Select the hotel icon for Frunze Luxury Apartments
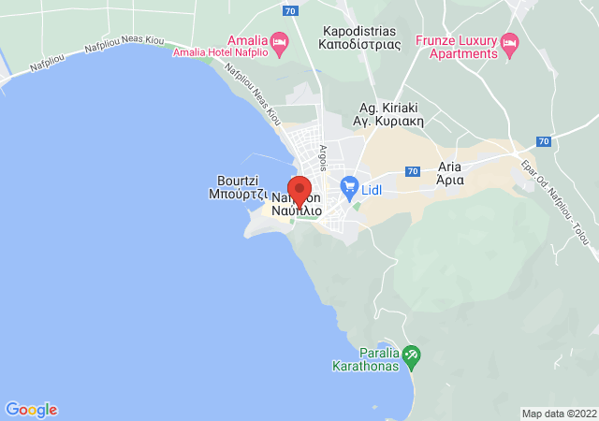click(510, 42)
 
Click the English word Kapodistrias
click(358, 30)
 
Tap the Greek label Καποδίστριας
click(358, 43)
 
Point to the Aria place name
click(450, 168)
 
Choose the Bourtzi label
click(238, 181)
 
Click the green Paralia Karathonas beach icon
click(412, 356)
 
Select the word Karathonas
click(368, 368)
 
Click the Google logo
click(31, 410)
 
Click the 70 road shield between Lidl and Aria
click(412, 171)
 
